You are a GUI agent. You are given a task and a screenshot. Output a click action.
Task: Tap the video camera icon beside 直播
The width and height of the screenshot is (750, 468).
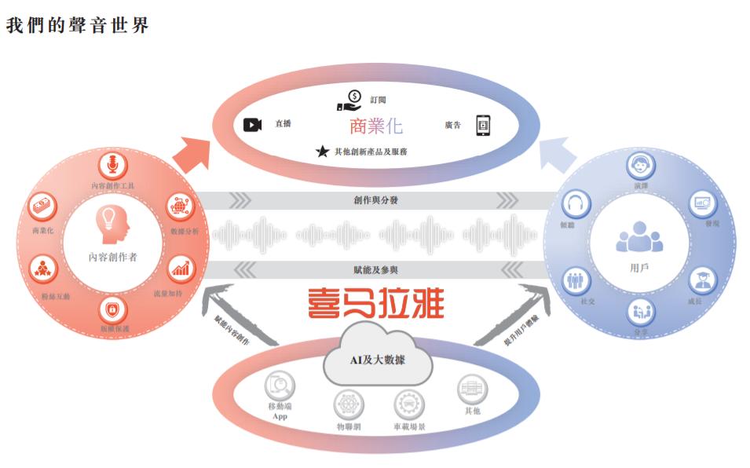(252, 125)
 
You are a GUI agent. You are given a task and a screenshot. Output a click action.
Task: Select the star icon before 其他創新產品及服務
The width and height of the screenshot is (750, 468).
(322, 151)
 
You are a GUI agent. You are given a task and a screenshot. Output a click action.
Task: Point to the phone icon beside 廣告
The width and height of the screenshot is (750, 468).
(483, 125)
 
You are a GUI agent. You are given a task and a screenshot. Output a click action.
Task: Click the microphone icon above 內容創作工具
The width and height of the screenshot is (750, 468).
(113, 166)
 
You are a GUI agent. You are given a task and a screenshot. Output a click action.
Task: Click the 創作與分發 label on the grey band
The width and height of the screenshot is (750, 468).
(375, 200)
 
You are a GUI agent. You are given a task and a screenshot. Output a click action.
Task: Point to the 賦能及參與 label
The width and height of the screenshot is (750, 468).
(375, 270)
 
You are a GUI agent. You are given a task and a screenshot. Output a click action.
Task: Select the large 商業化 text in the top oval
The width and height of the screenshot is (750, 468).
(376, 125)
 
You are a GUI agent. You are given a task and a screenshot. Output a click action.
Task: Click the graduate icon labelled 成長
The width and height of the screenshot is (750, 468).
(700, 280)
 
